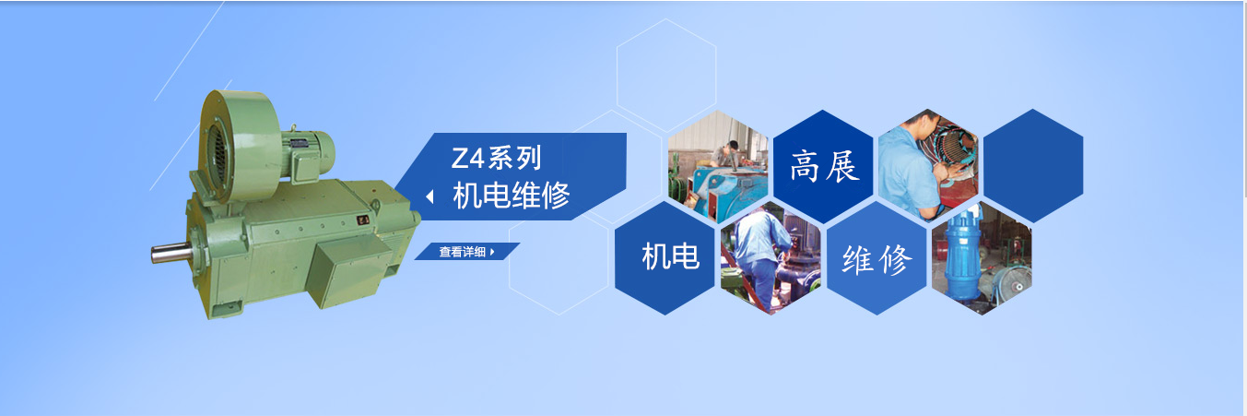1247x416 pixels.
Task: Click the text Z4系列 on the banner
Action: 496,159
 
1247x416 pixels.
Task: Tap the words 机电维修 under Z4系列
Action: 511,196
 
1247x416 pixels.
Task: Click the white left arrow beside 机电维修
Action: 429,196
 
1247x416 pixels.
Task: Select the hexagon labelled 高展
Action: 823,166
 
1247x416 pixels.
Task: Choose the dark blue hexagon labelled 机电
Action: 665,258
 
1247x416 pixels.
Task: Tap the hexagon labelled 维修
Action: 876,258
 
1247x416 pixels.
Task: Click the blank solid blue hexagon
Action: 1034,166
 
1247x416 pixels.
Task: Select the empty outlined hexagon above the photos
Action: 666,76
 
